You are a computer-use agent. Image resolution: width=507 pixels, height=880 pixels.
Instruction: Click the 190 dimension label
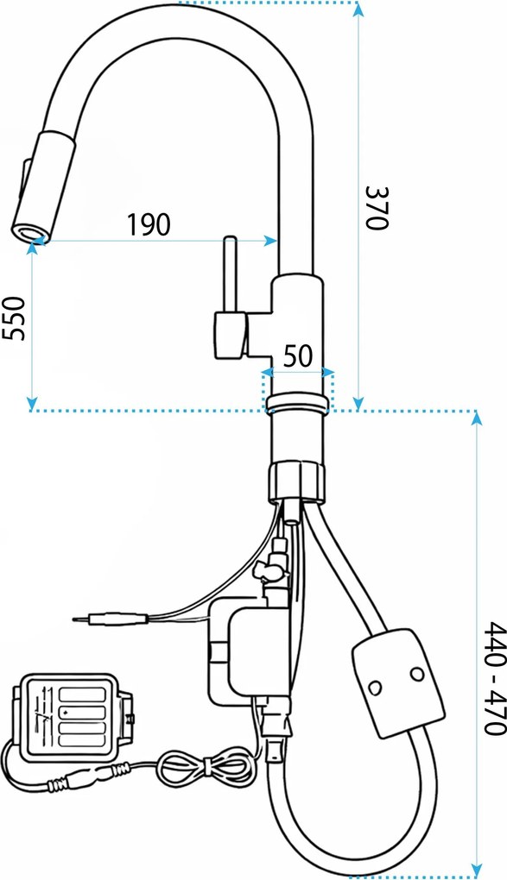[148, 224]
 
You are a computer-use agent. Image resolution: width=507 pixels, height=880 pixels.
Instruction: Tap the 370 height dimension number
[377, 207]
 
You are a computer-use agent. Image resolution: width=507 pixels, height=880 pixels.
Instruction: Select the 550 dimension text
[14, 317]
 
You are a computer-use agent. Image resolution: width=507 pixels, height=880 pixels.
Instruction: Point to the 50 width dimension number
[297, 355]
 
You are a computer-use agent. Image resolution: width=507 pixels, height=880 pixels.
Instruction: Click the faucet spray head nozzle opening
[29, 231]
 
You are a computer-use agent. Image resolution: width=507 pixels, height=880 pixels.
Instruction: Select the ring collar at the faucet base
[297, 404]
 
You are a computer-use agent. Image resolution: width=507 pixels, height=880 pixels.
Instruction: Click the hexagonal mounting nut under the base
[296, 481]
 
